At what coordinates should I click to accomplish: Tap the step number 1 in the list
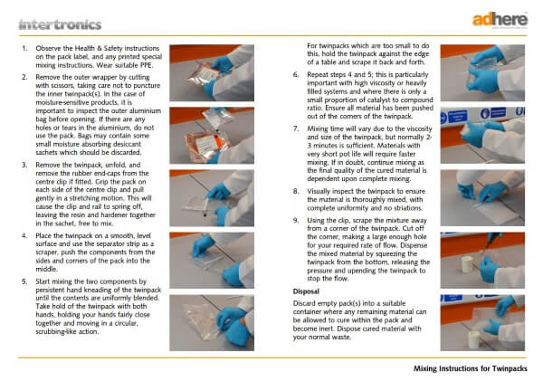(x=23, y=45)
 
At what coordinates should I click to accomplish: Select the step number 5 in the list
(x=23, y=281)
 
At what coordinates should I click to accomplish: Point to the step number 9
(x=295, y=219)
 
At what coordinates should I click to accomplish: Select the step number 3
(x=23, y=167)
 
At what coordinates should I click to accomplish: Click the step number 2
(x=23, y=78)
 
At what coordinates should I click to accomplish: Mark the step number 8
(x=295, y=192)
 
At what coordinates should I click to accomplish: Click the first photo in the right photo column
(x=481, y=70)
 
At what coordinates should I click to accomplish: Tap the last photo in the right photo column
(x=481, y=318)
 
